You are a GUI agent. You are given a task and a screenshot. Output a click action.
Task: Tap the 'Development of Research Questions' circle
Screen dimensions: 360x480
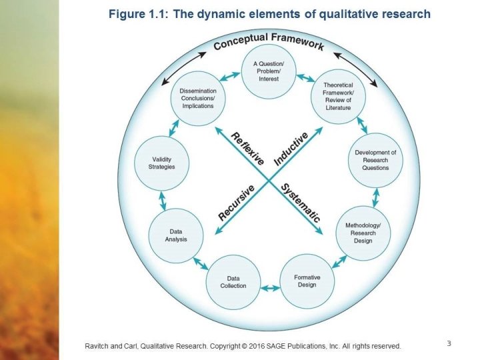click(375, 160)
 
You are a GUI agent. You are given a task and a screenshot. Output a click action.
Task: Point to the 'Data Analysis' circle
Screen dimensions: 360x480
click(176, 235)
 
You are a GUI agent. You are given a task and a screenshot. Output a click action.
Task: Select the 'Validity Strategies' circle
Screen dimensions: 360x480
click(162, 163)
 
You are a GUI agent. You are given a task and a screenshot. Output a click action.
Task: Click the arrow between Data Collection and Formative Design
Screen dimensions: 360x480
click(270, 288)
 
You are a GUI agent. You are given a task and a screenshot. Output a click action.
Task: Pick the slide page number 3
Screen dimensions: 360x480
click(449, 344)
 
